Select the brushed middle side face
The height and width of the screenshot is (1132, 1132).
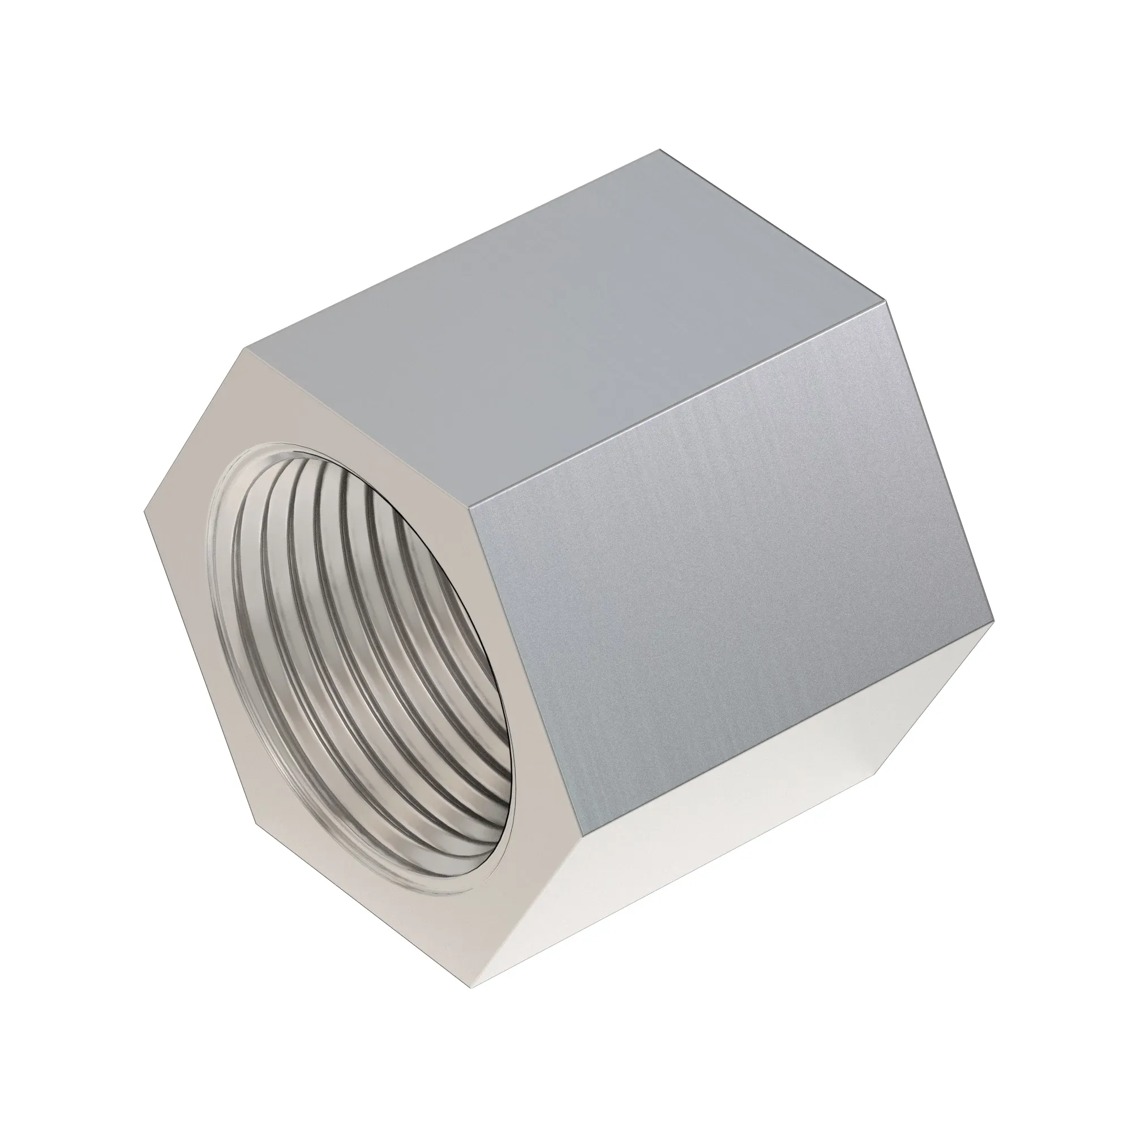point(732,586)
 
